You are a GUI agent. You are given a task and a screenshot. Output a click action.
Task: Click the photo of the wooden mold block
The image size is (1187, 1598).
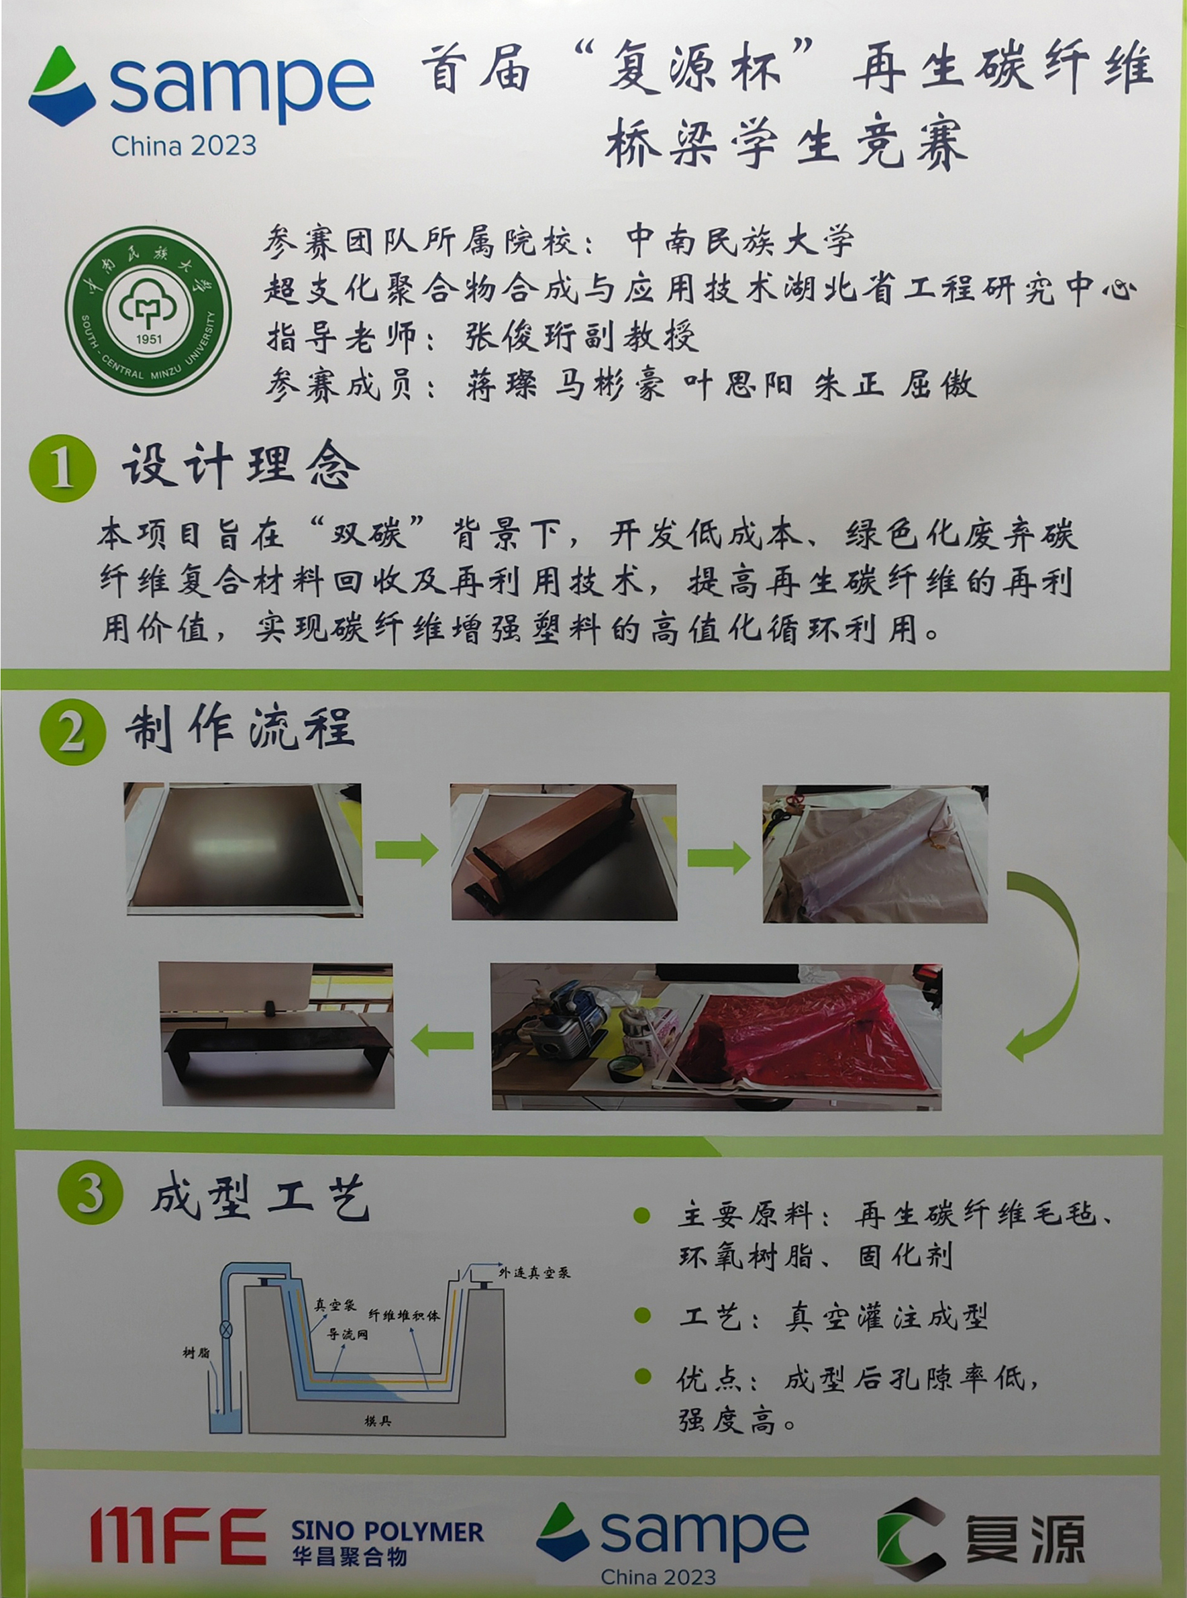coord(564,852)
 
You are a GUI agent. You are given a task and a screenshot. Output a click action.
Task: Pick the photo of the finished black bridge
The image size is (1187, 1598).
coord(276,1035)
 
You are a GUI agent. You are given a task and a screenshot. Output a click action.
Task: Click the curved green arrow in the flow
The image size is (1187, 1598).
coord(1055,963)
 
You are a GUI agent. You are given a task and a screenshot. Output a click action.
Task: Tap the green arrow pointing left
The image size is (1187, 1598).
coord(442,1040)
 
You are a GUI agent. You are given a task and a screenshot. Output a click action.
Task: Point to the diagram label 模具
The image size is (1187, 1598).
coord(377,1421)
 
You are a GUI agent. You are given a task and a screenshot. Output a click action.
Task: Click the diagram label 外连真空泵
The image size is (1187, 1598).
coord(535,1272)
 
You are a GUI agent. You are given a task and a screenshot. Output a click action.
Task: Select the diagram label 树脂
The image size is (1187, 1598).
coord(196,1353)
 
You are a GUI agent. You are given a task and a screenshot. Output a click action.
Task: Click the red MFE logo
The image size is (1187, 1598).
coord(177,1535)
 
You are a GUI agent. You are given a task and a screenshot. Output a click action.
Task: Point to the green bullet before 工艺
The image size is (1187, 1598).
coord(642,1315)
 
